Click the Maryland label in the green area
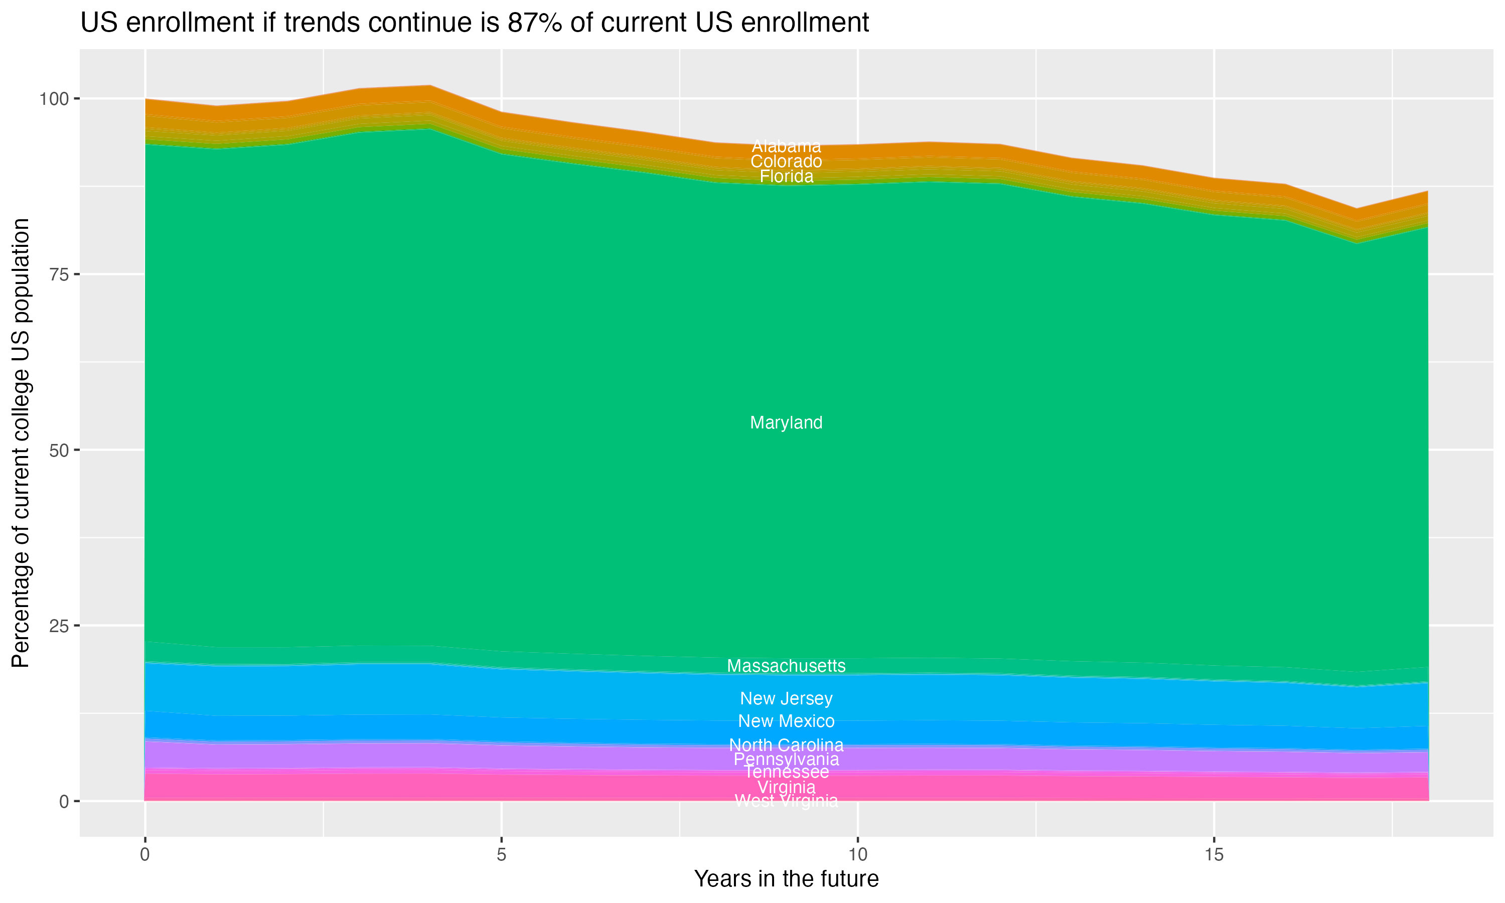pos(786,423)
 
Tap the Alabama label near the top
pos(786,146)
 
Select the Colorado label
pos(786,161)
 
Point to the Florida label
pos(786,177)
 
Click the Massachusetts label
pos(786,666)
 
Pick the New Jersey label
pos(786,698)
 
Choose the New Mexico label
pos(786,721)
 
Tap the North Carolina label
pos(786,745)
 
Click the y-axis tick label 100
pos(55,98)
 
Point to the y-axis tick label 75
pos(60,274)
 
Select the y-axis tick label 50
pos(60,450)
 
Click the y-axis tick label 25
pos(60,626)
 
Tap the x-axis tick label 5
pos(501,855)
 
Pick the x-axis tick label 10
pos(857,855)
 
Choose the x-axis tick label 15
pos(1214,855)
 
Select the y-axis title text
pos(21,442)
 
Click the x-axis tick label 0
pos(145,855)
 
